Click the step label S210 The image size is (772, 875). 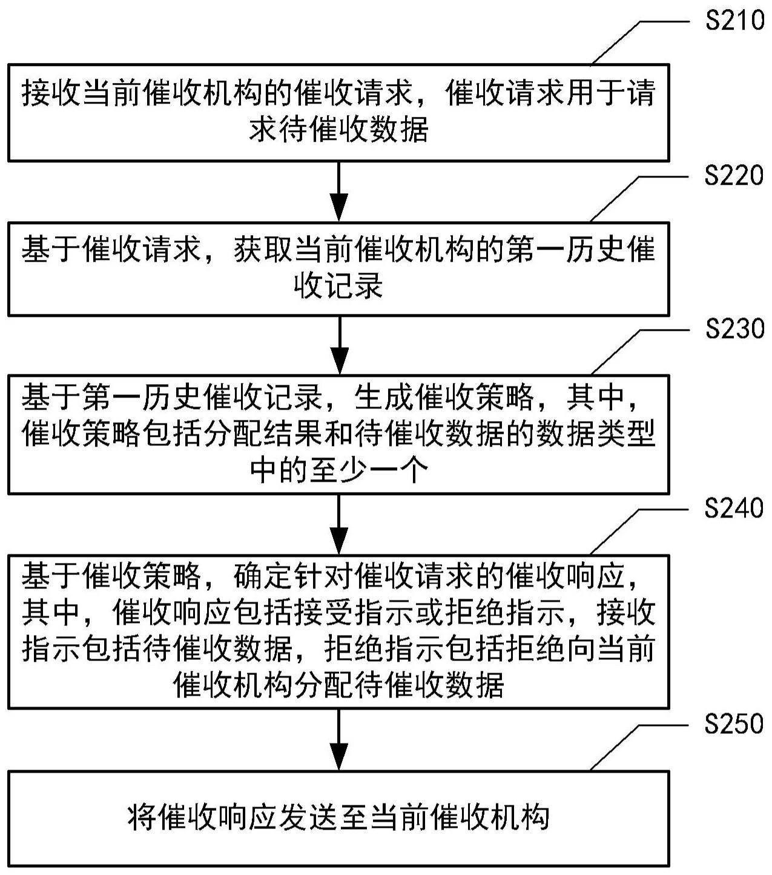(734, 21)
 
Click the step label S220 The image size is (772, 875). (734, 176)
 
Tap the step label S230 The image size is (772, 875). (734, 329)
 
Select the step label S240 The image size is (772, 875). (734, 508)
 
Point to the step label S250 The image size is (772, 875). (734, 724)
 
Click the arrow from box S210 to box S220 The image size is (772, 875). (339, 191)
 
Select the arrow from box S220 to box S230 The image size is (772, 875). (339, 344)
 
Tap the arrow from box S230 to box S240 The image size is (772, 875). (339, 524)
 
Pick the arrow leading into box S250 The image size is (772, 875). (339, 739)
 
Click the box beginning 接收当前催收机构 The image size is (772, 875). (338, 112)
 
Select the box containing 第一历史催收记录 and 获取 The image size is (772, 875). (338, 268)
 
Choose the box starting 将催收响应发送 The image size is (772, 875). (338, 817)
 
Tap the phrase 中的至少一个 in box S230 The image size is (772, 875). (339, 470)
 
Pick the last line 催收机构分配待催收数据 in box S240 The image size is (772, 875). (338, 685)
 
